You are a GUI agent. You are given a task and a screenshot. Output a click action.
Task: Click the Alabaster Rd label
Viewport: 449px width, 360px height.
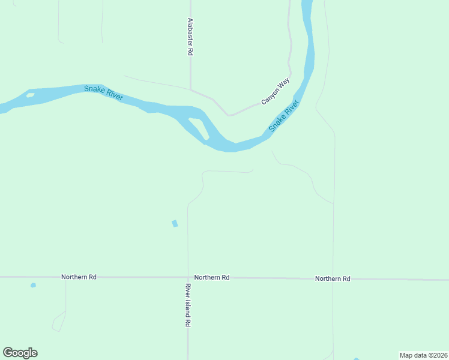(190, 37)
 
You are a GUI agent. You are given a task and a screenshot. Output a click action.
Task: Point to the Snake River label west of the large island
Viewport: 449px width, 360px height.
(103, 92)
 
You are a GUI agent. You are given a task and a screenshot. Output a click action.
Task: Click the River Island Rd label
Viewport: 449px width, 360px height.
(188, 305)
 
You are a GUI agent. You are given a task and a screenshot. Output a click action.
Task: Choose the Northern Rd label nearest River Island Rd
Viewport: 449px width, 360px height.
(212, 278)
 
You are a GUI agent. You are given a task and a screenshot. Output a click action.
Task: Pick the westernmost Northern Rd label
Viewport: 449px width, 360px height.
(79, 277)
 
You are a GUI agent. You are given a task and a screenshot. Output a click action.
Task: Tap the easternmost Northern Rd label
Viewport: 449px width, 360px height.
(333, 279)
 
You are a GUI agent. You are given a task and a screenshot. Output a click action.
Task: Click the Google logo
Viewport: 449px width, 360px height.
(20, 353)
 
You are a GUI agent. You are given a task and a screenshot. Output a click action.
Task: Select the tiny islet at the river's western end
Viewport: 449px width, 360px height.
(30, 95)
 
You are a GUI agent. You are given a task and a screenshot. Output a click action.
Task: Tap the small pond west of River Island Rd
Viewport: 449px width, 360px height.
(175, 224)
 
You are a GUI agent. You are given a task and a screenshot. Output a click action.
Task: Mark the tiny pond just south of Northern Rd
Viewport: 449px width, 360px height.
(33, 285)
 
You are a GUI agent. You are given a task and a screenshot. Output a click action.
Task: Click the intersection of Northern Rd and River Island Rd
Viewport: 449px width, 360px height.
(188, 278)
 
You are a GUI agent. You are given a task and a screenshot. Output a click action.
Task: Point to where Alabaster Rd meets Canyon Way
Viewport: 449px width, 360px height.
(191, 91)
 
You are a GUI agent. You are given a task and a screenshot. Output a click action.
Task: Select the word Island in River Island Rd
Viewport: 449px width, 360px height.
(188, 305)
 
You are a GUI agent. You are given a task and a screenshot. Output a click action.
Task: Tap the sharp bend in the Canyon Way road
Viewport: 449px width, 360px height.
(228, 115)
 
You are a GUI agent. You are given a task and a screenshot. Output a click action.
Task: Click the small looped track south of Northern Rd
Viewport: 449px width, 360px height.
(59, 322)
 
